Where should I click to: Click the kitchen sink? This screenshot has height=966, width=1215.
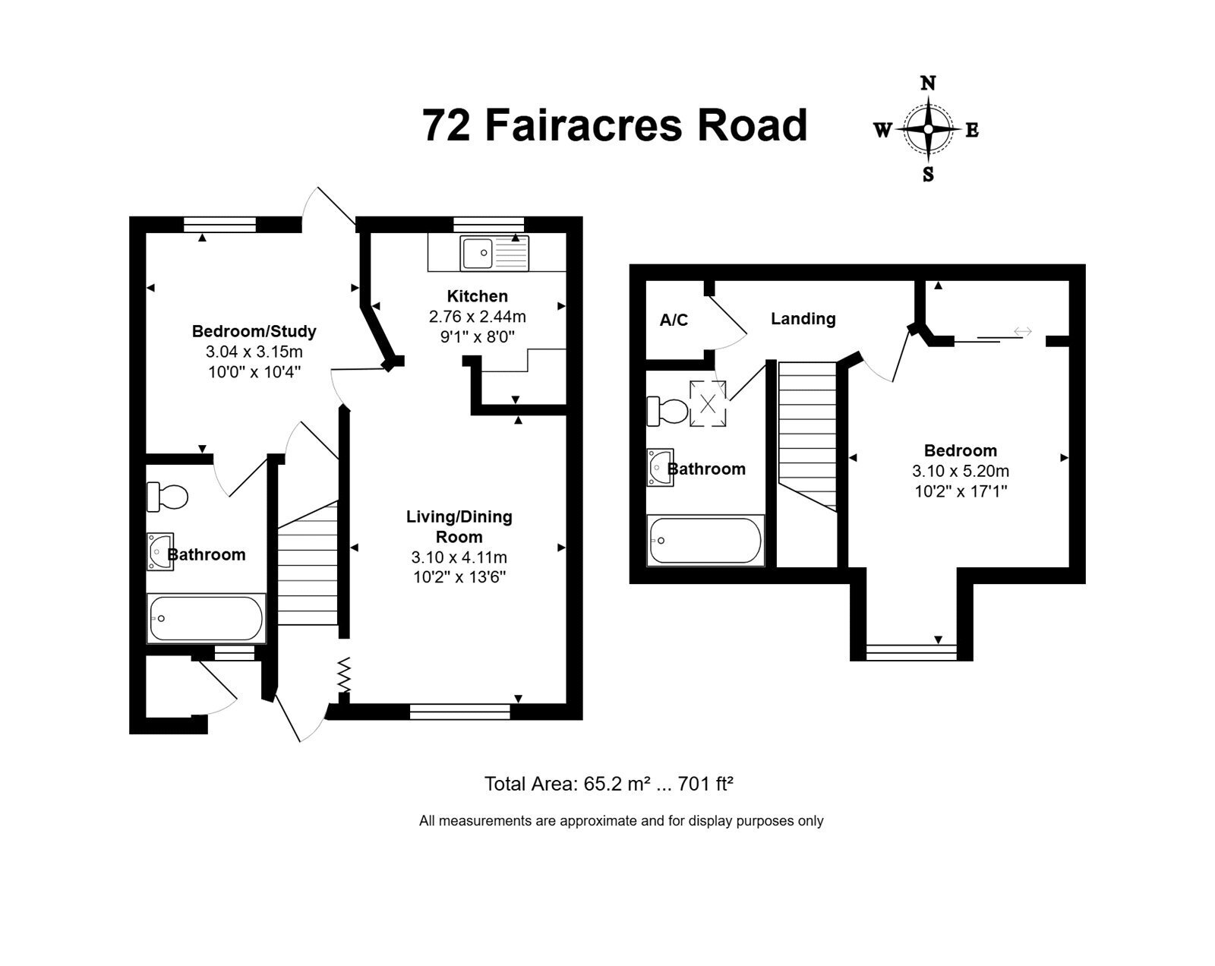point(494,253)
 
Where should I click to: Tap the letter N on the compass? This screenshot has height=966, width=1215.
point(928,84)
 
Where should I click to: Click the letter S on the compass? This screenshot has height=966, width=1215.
point(928,175)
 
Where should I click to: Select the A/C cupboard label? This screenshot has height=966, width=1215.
point(674,320)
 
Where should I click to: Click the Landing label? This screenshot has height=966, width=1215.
point(803,318)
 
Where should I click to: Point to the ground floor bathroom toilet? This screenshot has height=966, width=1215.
point(167,497)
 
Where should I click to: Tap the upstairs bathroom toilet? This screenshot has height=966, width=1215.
point(667,411)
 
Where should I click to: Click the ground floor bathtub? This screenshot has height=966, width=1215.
point(206,618)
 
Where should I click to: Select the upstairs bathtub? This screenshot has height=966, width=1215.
point(705,540)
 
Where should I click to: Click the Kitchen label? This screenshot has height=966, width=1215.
point(477,296)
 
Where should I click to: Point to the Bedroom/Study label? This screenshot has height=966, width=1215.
point(254,331)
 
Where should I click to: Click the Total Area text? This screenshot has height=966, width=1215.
point(608,784)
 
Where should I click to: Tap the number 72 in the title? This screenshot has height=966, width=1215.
point(446,125)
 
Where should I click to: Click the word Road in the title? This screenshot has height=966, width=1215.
point(752,125)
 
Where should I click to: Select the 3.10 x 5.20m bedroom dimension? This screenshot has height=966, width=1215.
point(961,471)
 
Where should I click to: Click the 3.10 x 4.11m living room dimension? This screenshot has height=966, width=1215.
point(459,557)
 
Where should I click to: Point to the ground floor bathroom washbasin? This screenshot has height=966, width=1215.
point(159,551)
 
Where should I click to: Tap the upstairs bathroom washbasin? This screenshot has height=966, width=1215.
point(660,468)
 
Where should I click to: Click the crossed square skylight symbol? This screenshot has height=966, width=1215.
point(708,403)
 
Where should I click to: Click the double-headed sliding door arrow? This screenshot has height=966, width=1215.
point(1022,331)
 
